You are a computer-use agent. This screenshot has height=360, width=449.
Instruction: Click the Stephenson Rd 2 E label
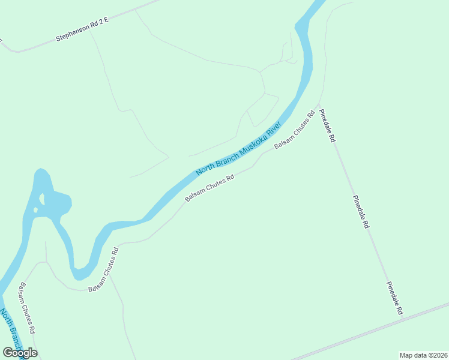tap(82, 29)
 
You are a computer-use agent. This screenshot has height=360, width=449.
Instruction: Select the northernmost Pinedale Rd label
tap(327, 125)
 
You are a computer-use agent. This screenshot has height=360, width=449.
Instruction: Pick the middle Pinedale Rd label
tap(361, 212)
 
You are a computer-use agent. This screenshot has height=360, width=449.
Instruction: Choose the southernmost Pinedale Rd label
tap(394, 298)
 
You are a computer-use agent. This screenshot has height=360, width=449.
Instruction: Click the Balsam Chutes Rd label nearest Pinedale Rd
tap(295, 130)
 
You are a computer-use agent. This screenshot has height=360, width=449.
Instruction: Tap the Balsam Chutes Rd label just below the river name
tap(209, 188)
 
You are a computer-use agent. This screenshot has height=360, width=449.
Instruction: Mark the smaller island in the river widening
tap(36, 210)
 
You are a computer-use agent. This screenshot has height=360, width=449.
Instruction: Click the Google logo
tap(20, 353)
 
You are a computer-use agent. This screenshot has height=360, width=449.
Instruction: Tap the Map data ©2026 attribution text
tap(423, 355)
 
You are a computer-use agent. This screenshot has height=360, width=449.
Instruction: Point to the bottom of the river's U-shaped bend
tap(82, 276)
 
